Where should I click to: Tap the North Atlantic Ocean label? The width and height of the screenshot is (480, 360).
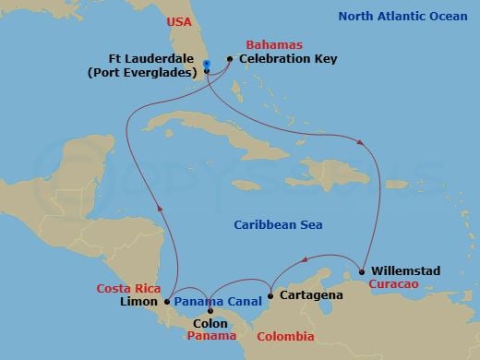pyautogui.click(x=402, y=16)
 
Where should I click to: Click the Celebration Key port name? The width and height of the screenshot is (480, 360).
pyautogui.click(x=288, y=59)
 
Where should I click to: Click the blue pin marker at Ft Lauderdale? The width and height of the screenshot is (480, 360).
pyautogui.click(x=206, y=64)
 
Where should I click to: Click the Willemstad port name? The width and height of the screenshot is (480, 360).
pyautogui.click(x=407, y=271)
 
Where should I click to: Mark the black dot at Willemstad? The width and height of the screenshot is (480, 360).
pyautogui.click(x=362, y=271)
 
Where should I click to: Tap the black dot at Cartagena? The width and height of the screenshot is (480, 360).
pyautogui.click(x=270, y=296)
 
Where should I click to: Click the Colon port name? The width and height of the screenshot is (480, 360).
pyautogui.click(x=210, y=323)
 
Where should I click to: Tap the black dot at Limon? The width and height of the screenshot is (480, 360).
pyautogui.click(x=166, y=301)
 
